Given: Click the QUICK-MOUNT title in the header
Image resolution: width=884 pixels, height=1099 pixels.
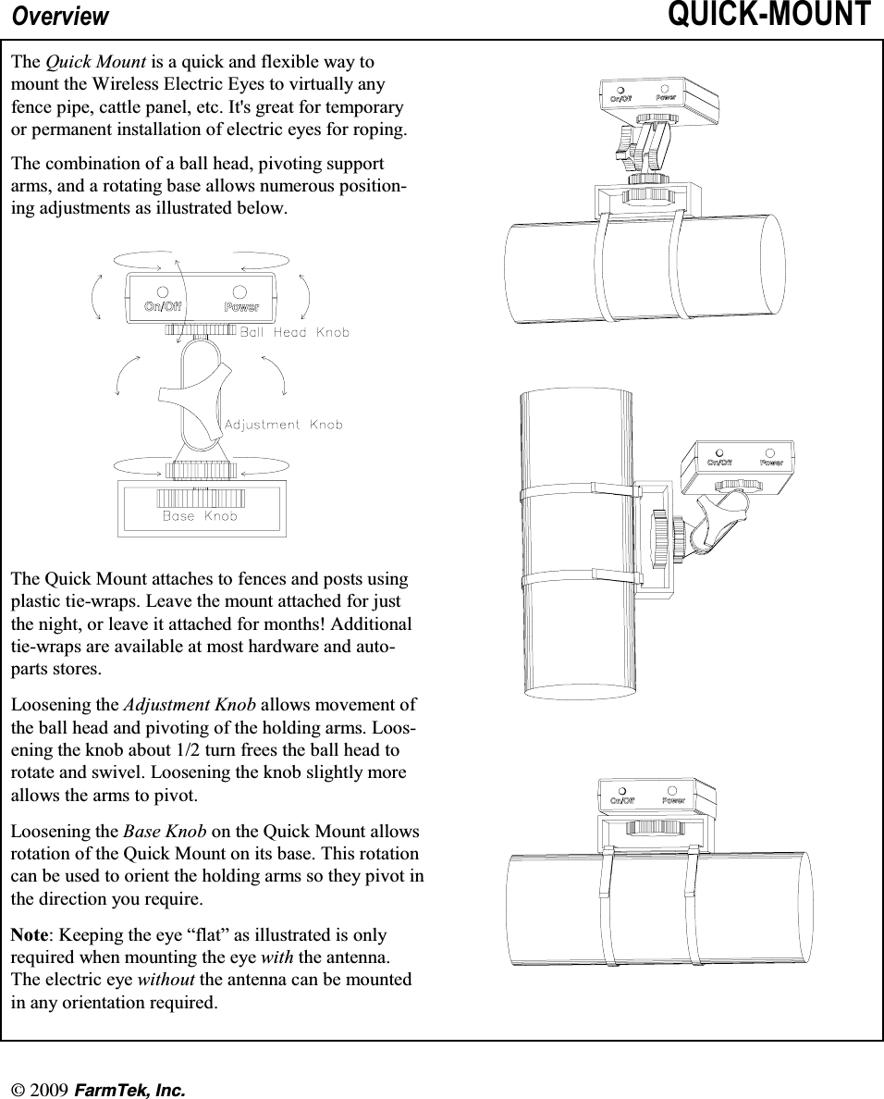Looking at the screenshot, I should click(x=768, y=16).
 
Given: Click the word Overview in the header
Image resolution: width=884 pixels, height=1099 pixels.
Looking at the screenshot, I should click(x=60, y=17).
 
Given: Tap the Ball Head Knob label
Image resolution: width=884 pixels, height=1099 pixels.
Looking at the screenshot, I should click(x=295, y=332).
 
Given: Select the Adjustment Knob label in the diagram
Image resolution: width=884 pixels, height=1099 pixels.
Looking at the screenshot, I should click(x=283, y=425).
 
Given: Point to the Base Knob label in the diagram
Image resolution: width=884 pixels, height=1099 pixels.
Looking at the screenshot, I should click(x=200, y=516).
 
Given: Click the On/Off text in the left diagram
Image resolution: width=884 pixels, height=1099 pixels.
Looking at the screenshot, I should click(x=162, y=307).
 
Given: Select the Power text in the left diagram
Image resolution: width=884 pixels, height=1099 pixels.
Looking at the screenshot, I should click(x=241, y=307).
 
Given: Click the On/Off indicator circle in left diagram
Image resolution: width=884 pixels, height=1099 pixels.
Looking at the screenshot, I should click(x=162, y=290).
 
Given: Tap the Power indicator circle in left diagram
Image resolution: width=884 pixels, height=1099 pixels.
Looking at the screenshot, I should click(x=240, y=290).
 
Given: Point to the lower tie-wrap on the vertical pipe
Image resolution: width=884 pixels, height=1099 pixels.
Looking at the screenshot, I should click(x=578, y=578).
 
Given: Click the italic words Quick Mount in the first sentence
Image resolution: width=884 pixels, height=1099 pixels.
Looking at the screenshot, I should click(x=95, y=62).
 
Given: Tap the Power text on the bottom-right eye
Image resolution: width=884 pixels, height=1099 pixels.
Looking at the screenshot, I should click(x=673, y=800).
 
